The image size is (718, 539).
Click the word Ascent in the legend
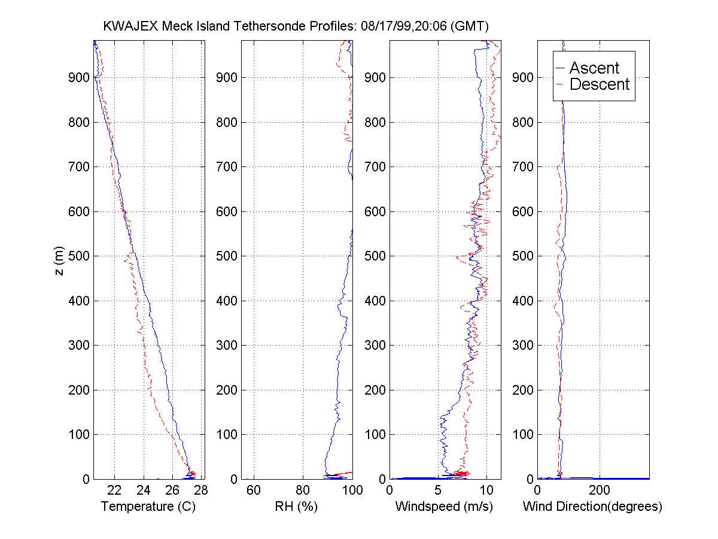point(594,68)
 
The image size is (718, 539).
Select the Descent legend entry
point(600,85)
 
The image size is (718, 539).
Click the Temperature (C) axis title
point(149,507)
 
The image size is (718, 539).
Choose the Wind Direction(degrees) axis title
point(592,507)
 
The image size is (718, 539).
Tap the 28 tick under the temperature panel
point(200,490)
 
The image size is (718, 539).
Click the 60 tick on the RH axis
point(254,490)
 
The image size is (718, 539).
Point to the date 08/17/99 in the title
point(382,26)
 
